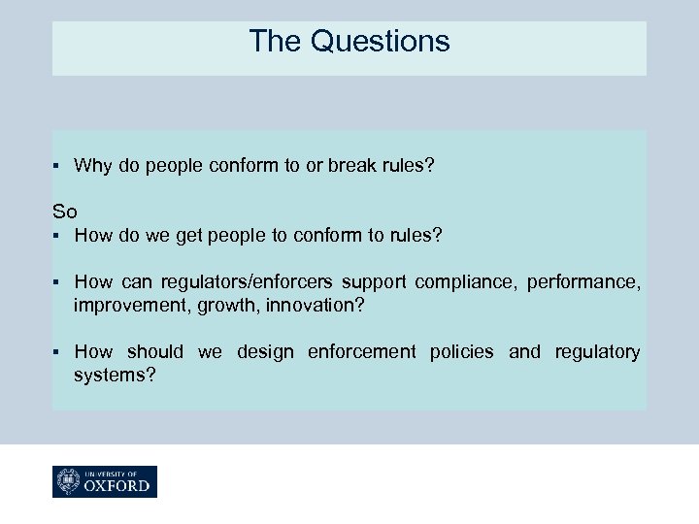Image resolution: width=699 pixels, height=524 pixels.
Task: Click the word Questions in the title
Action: (x=381, y=42)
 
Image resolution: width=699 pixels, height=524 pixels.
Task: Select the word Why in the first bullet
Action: (x=92, y=166)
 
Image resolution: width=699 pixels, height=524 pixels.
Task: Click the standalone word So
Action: (x=64, y=211)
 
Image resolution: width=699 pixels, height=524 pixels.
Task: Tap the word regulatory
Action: (x=597, y=351)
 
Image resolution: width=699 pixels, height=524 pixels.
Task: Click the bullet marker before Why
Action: (x=57, y=166)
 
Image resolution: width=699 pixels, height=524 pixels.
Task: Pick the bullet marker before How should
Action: (x=57, y=351)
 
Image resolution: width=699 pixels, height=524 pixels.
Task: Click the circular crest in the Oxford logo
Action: (x=70, y=481)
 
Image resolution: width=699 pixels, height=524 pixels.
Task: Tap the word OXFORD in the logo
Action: (x=117, y=485)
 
